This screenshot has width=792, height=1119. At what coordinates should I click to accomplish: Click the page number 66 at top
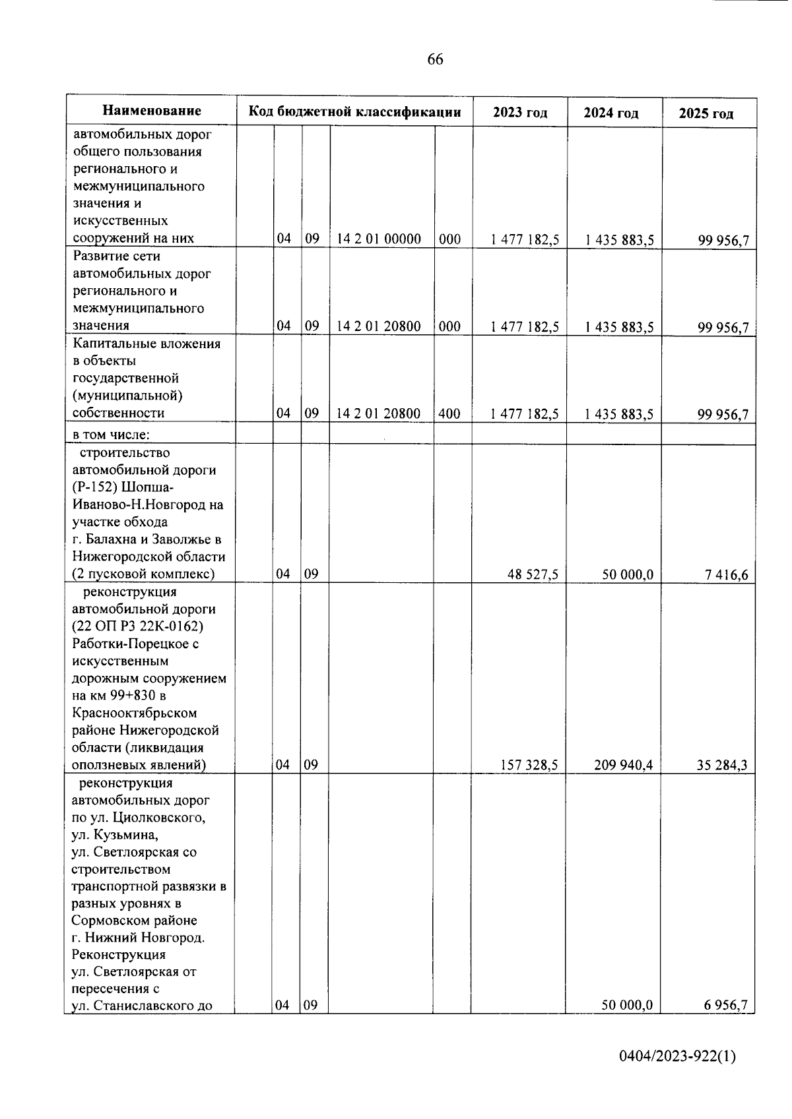tap(435, 60)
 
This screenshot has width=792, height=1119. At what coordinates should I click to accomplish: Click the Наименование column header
tap(152, 111)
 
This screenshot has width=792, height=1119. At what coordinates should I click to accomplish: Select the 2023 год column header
tap(520, 113)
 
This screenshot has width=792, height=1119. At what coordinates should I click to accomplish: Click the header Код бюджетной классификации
tap(354, 111)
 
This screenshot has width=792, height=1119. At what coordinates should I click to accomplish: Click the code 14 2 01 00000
tap(379, 239)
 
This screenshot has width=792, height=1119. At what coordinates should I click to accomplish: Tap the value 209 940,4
tap(624, 765)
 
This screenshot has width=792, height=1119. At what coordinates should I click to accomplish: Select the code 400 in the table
tap(449, 413)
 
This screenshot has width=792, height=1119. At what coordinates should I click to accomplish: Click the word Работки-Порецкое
tap(135, 644)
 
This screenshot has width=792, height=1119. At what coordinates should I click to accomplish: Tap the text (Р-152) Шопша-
tap(123, 487)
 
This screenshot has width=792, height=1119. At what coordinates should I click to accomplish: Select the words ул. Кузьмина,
tap(115, 835)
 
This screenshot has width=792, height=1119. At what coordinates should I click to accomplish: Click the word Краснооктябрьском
tap(135, 713)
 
